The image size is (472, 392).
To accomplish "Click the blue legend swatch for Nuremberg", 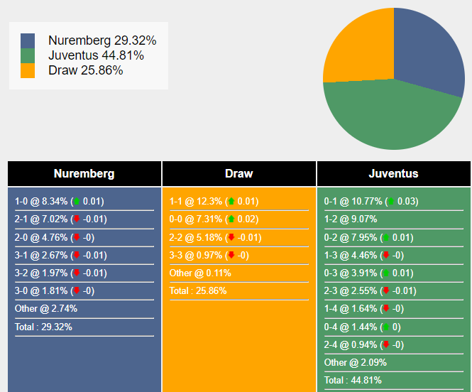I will (x=28, y=40).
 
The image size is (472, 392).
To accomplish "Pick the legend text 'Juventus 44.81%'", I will (x=96, y=55).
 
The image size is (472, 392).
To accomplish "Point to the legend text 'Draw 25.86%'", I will (x=85, y=70).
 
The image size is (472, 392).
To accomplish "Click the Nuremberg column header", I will (x=84, y=173).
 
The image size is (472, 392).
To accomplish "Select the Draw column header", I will (x=238, y=173).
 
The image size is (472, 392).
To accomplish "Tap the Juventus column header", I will (x=393, y=173).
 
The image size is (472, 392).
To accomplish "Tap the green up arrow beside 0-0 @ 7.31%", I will (x=231, y=219).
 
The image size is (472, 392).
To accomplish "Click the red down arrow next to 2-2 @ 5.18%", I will (x=231, y=237).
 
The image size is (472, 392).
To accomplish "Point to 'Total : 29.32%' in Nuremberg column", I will (x=43, y=327).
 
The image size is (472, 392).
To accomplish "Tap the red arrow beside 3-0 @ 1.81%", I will (x=76, y=290).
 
